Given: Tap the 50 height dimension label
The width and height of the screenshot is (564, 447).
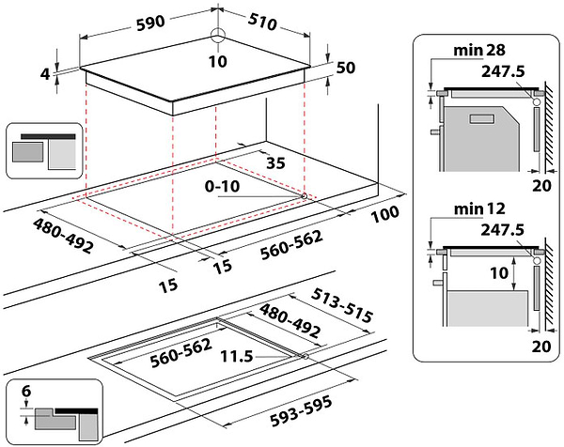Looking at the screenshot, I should [x=345, y=68].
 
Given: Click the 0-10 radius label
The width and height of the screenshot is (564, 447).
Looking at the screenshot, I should [x=226, y=187].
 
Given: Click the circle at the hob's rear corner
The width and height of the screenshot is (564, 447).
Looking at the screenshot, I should [x=218, y=36].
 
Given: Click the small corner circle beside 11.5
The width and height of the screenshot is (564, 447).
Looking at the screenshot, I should [x=306, y=357].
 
